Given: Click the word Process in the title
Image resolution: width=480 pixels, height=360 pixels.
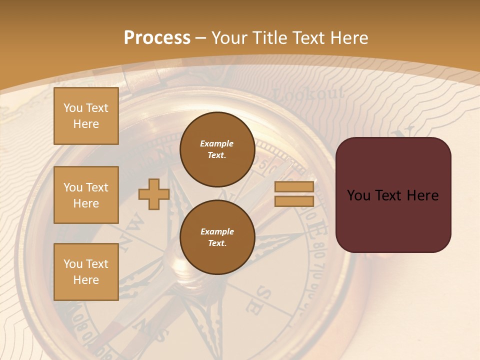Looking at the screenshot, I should (x=157, y=37).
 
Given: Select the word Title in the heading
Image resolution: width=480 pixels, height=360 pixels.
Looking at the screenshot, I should (x=268, y=37).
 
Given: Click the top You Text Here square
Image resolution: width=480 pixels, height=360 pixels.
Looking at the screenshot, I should (x=86, y=116).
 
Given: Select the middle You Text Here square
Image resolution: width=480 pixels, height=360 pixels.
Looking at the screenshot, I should (x=86, y=195).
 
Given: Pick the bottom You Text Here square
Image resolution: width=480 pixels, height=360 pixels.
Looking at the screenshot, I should (x=86, y=271).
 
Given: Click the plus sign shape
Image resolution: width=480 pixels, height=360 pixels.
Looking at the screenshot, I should (x=153, y=194).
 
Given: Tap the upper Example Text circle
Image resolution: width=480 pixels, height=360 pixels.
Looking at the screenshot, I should (x=217, y=149).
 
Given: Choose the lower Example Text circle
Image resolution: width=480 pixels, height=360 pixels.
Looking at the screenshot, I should (x=217, y=237).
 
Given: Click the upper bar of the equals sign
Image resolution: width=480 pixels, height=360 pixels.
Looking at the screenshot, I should (x=294, y=186).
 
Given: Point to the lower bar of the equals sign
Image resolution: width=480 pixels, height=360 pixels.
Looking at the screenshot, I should (x=294, y=201).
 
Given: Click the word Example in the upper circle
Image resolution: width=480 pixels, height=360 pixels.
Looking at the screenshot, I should (x=217, y=143).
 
